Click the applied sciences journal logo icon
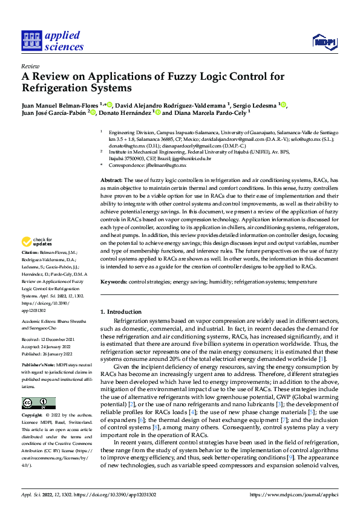tap(30, 41)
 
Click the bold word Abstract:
tap(111, 181)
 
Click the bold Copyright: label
tap(33, 417)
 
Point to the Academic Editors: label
tap(38, 322)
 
